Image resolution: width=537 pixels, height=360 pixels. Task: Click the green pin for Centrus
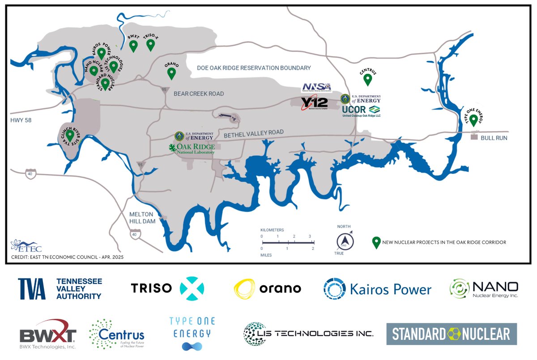[x=368, y=79]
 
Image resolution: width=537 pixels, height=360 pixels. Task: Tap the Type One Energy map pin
[x=473, y=120]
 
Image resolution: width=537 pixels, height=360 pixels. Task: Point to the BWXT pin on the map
[x=133, y=46]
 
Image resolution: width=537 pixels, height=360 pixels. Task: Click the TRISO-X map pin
[x=150, y=45]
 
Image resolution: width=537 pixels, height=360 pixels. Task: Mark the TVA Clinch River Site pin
[x=70, y=135]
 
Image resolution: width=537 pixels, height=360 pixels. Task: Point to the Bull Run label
[x=494, y=138]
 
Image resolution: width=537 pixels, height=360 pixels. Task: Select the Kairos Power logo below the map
[x=377, y=289]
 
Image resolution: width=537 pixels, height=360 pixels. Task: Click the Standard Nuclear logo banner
[x=451, y=334]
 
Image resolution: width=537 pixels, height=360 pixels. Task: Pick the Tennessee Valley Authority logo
[x=60, y=289]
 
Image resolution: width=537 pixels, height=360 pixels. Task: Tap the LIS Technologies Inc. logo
[x=308, y=334]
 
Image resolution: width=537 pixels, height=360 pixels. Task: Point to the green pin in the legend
[x=376, y=242]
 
